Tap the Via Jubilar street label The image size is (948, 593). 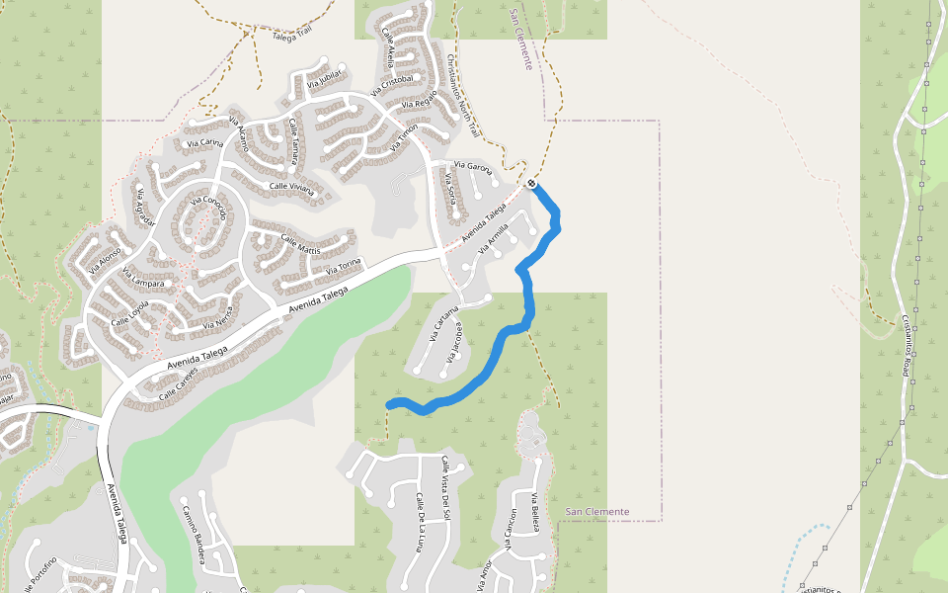pyautogui.click(x=323, y=79)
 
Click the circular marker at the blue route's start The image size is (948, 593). pyautogui.click(x=531, y=183)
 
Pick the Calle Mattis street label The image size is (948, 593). pyautogui.click(x=302, y=242)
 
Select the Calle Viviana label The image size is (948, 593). pyautogui.click(x=292, y=185)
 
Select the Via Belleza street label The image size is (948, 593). pyautogui.click(x=534, y=511)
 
